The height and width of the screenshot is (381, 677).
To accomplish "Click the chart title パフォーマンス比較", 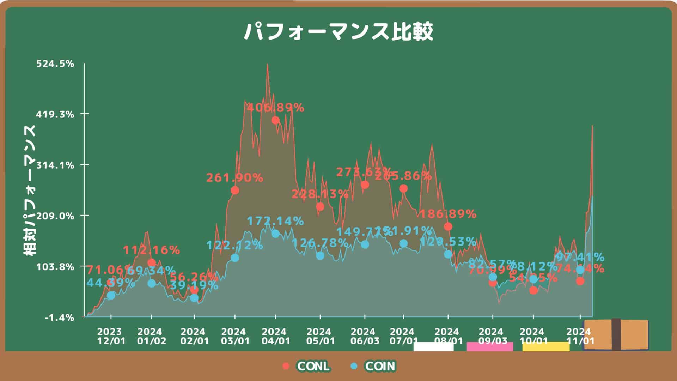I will click(x=338, y=32).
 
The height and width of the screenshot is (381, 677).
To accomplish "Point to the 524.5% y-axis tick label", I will click(x=55, y=64).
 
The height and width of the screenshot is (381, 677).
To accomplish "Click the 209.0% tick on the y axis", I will click(x=55, y=216).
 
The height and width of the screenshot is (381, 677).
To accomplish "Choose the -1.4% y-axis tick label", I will click(x=60, y=317).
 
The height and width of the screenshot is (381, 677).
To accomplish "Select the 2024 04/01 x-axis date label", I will click(x=276, y=336).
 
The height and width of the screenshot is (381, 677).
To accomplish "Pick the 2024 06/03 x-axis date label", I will click(x=365, y=336).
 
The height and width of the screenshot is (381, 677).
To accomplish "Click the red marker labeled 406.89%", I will click(x=275, y=120).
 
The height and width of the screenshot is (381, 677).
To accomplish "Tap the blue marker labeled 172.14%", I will click(x=275, y=234).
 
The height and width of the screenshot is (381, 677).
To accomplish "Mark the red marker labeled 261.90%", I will click(x=235, y=190).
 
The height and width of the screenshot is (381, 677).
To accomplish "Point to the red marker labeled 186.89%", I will click(x=448, y=226).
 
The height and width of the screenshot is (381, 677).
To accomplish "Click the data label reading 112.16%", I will click(x=152, y=250).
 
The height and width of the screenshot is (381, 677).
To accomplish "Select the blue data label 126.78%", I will click(x=320, y=243).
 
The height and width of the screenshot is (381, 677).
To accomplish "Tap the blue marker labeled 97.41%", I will click(x=580, y=270).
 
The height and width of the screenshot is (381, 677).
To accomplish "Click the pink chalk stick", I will click(x=490, y=346).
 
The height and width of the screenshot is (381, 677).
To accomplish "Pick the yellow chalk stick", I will click(x=546, y=346).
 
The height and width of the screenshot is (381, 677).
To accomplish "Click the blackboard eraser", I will click(x=616, y=334).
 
